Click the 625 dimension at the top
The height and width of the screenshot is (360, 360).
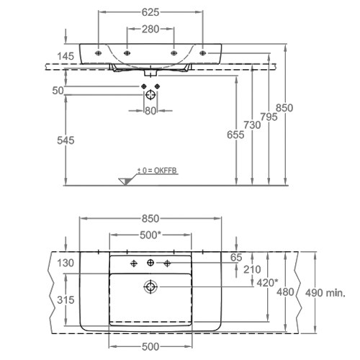click(150, 12)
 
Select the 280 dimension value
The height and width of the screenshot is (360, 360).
click(150, 30)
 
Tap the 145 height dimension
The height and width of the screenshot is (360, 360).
click(66, 56)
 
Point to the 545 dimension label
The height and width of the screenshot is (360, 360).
click(66, 140)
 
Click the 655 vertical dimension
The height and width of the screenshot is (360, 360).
click(235, 135)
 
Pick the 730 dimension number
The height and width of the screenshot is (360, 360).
click(252, 125)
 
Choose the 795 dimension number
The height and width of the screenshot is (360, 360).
click(269, 117)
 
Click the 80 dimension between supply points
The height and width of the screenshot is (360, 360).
click(150, 111)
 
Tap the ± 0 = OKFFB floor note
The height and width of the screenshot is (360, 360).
click(157, 171)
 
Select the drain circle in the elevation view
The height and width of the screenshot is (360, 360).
click(150, 95)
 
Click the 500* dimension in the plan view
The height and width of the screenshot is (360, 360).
click(150, 235)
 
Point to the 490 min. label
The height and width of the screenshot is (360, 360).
click(325, 293)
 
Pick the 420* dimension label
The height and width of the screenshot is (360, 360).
click(267, 283)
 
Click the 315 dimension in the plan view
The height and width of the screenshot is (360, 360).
click(66, 300)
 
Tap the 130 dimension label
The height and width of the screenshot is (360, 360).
click(66, 263)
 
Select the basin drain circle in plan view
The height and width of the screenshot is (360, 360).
click(150, 287)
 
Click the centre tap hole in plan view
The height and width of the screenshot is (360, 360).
click(150, 263)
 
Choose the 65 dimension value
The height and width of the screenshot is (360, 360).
click(236, 258)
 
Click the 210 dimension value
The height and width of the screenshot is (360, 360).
click(252, 269)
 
